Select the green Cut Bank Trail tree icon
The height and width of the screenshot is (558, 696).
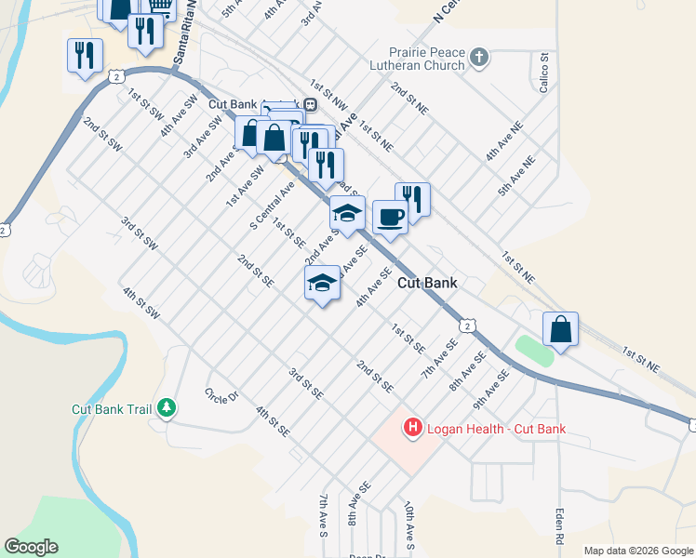click(167, 408)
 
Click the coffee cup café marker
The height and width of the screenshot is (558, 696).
click(390, 218)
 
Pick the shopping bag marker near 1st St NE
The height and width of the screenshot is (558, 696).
click(560, 330)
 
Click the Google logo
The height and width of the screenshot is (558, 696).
click(31, 547)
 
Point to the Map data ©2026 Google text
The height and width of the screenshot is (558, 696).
click(637, 551)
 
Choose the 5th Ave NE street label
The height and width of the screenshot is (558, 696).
click(517, 175)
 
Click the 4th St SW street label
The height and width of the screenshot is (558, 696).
click(141, 303)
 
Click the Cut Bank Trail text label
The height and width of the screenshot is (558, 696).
click(112, 408)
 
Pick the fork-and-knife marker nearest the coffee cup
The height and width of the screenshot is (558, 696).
click(412, 199)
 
